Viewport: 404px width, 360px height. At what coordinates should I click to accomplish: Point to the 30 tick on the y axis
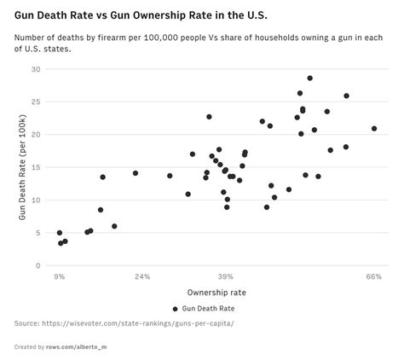(37, 69)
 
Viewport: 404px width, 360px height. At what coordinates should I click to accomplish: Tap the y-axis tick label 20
(37, 135)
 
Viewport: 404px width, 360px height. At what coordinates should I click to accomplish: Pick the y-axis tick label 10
(37, 200)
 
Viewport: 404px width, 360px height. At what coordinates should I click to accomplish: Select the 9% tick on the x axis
(60, 276)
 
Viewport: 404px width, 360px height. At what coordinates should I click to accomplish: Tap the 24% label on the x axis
(142, 276)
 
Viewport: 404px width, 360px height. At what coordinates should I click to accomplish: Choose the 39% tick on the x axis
(225, 276)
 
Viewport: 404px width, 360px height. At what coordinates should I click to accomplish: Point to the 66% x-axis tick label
(373, 276)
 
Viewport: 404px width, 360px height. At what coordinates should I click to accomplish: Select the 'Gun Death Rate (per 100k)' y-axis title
(23, 167)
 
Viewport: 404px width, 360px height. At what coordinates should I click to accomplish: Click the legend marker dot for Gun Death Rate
(176, 309)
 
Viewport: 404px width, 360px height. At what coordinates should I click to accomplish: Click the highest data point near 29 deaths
(309, 78)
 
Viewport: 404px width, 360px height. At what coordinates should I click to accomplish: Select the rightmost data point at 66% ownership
(373, 129)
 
